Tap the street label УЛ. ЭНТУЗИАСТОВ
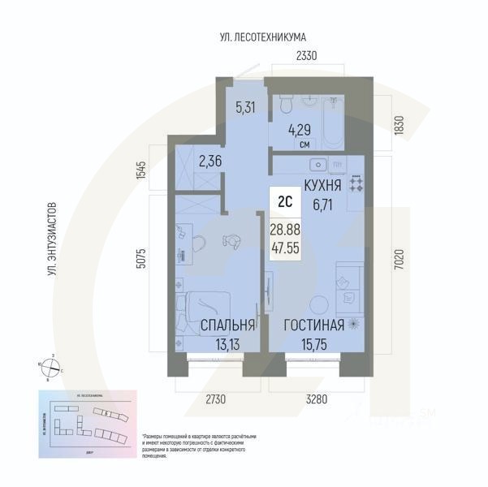[51, 240]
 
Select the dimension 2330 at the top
[305, 56]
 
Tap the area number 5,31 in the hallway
[245, 106]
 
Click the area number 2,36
[210, 161]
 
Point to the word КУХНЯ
[322, 185]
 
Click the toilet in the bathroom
[285, 106]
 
